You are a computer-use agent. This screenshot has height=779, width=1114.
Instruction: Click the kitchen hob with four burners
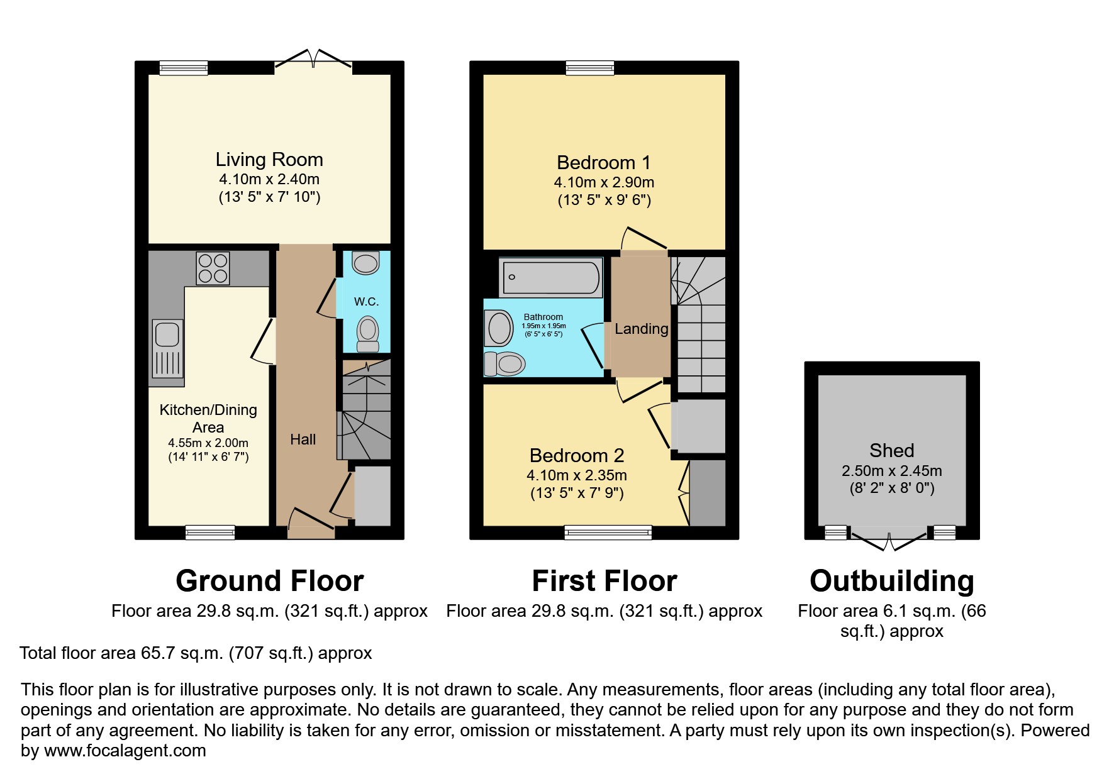(x=213, y=268)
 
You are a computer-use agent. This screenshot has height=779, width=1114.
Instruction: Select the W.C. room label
(x=366, y=302)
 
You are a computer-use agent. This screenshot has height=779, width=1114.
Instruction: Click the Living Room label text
(x=269, y=160)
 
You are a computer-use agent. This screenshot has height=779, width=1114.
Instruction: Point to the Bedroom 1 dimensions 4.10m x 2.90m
(x=604, y=182)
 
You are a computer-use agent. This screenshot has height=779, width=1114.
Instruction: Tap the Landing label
(x=641, y=329)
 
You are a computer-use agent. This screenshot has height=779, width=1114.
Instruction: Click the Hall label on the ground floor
(x=303, y=439)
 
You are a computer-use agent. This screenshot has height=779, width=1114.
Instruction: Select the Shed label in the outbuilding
(x=891, y=450)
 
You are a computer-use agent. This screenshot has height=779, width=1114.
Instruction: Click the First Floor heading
(x=604, y=581)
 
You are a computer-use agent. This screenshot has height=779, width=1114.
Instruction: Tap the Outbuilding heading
(x=891, y=581)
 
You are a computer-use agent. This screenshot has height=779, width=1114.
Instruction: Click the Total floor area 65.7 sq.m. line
(x=196, y=653)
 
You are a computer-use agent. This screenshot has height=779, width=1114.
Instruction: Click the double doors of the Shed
(x=889, y=539)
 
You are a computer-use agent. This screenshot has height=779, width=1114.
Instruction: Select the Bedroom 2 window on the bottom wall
(x=608, y=533)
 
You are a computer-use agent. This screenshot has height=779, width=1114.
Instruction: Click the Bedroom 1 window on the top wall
(x=589, y=67)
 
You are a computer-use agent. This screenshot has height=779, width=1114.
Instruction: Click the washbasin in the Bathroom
(x=500, y=329)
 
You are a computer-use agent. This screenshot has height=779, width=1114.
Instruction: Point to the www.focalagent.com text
(x=125, y=751)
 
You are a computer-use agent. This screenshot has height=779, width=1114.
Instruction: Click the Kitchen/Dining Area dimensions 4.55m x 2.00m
(x=208, y=443)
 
